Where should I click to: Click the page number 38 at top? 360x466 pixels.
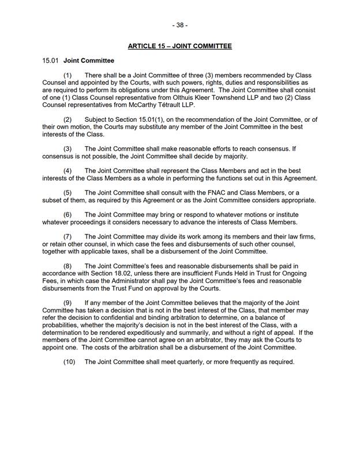[179, 25]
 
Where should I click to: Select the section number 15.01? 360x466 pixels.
[50, 61]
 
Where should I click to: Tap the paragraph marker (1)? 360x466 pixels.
[68, 76]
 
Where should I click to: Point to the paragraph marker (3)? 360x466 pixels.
[68, 149]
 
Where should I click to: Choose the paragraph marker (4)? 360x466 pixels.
[68, 171]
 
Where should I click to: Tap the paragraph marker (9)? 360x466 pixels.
[68, 303]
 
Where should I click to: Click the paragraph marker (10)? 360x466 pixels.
[70, 362]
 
